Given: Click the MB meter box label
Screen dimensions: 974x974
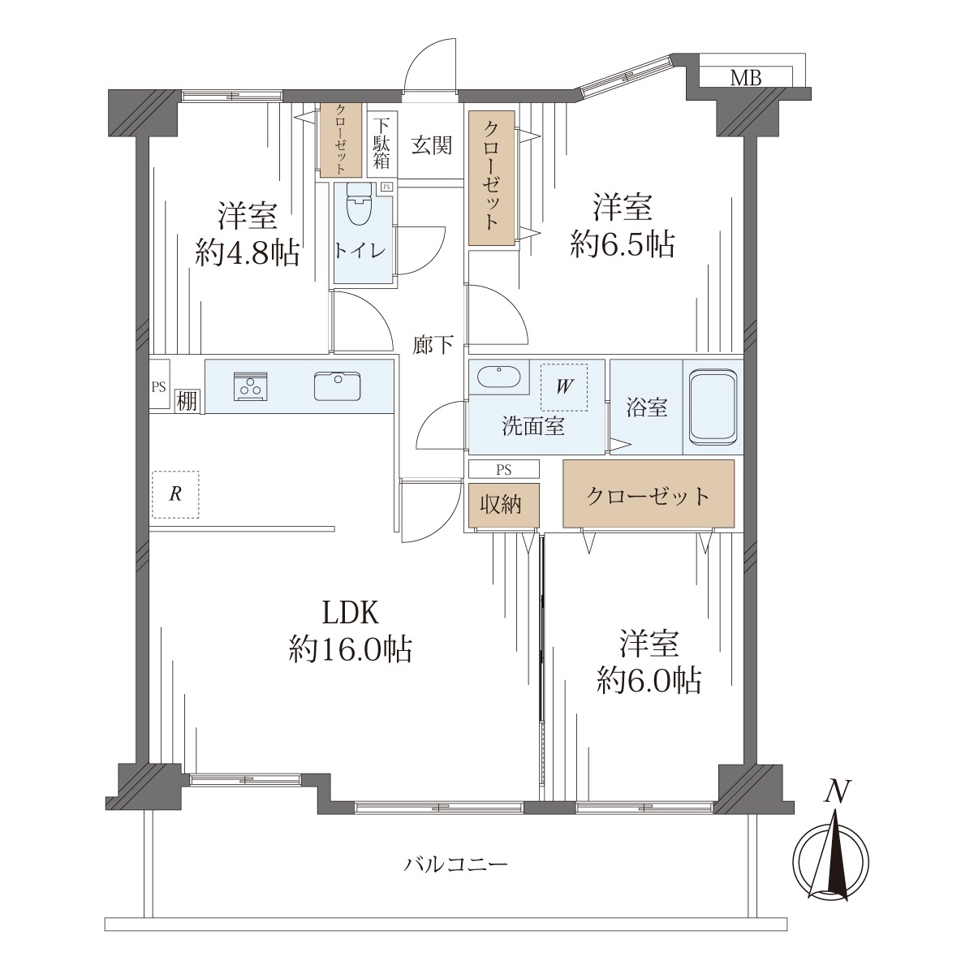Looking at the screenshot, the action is pos(746,78).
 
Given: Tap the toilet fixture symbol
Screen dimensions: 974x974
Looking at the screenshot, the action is pos(360,204).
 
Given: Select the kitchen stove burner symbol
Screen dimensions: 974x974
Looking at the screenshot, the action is pos(250,386).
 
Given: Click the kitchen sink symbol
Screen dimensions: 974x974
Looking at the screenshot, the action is pos(337,386).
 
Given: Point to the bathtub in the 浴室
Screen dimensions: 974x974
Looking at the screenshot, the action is pos(712,406).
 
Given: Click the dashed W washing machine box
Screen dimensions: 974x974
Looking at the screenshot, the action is pos(564,387).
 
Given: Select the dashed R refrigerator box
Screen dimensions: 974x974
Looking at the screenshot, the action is pos(175,494).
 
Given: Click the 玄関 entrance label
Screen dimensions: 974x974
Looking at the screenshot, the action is pos(431,145).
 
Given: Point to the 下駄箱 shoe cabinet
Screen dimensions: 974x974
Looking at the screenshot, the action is pos(382,144).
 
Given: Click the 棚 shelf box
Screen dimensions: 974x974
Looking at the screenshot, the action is pos(187,401).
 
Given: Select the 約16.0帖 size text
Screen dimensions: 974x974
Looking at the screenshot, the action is pos(351,649).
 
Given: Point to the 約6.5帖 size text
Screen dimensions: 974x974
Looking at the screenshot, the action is pos(623,244).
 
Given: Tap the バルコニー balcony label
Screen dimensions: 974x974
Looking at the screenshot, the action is pos(455,864).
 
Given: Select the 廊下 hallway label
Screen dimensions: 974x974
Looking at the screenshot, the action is pos(432,345).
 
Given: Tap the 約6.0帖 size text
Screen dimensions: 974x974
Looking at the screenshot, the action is pos(649,680).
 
